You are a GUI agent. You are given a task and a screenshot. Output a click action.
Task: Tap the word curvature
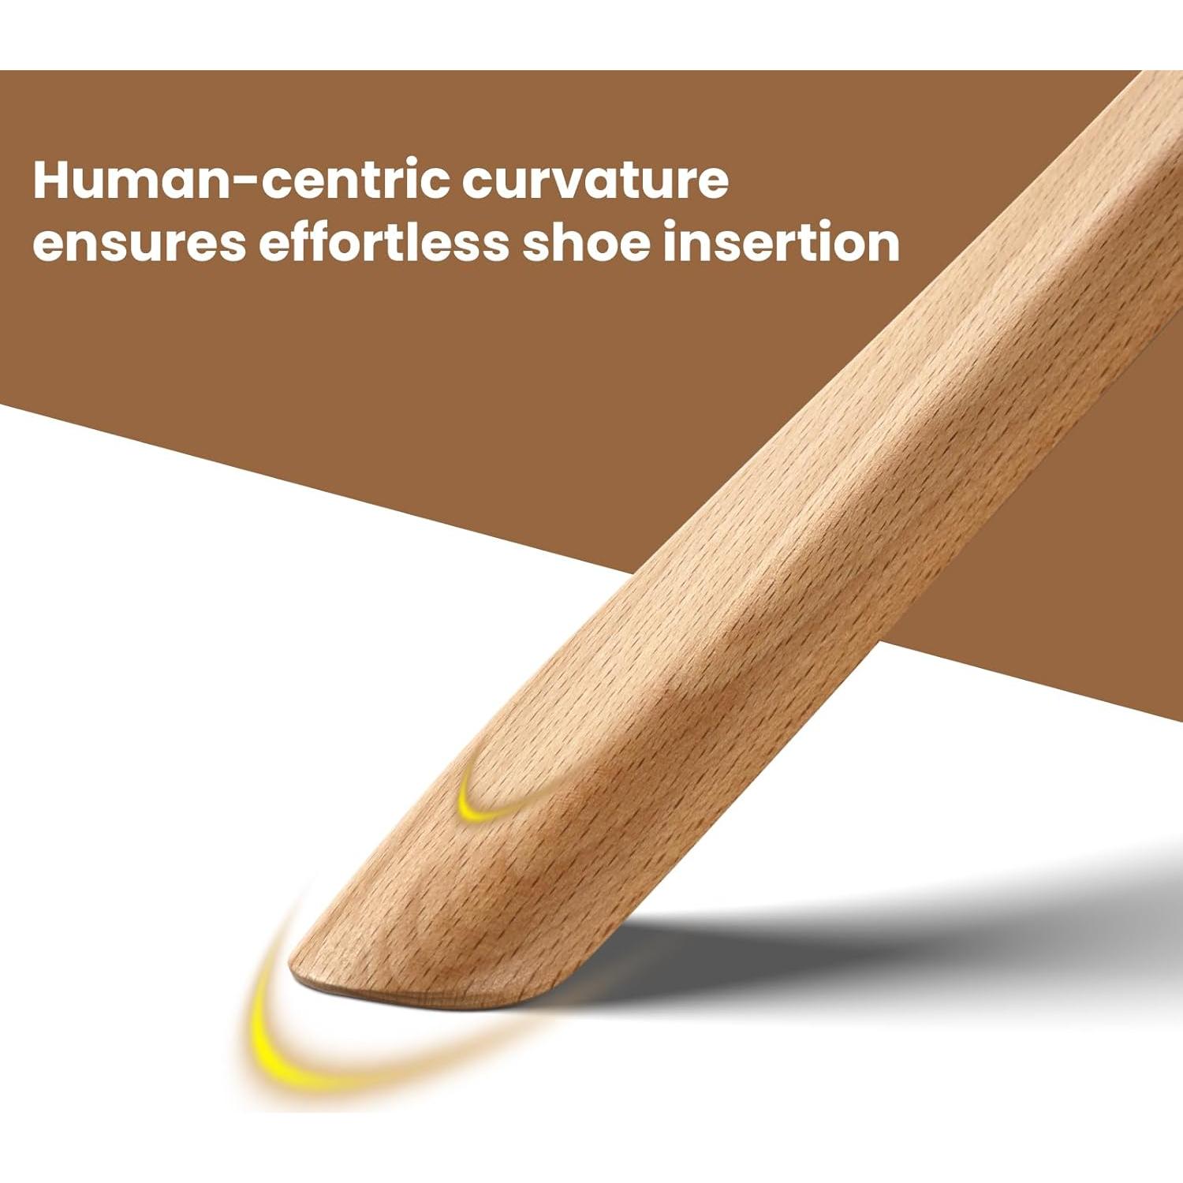pos(595,181)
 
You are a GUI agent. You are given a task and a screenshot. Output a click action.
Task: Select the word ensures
pos(140,242)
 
